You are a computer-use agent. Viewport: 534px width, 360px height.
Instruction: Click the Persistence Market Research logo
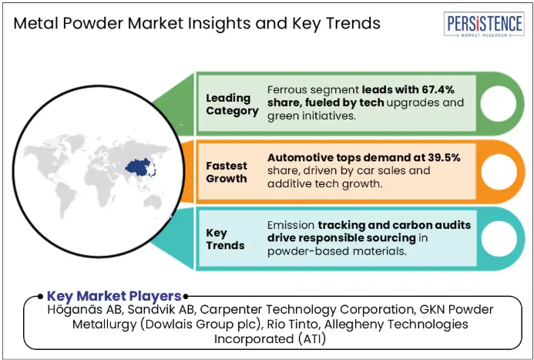point(484,24)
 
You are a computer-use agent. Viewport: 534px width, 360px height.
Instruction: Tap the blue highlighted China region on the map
point(139,167)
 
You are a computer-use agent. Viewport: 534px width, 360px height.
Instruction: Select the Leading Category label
point(232,104)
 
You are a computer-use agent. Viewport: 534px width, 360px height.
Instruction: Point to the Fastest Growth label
point(227,172)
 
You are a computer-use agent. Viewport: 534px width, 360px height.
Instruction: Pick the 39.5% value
point(444,157)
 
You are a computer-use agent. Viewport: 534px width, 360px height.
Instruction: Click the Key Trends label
point(225,239)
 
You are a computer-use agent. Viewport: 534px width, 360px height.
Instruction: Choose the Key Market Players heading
point(114,296)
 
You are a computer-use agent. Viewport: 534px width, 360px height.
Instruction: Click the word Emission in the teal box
point(291,225)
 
